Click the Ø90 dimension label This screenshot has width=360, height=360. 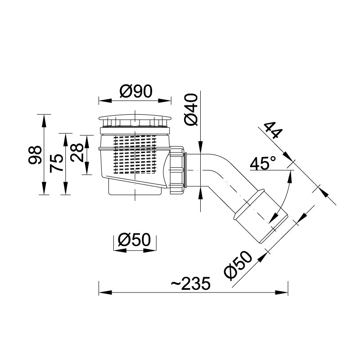pyautogui.click(x=135, y=91)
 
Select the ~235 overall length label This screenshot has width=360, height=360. pyautogui.click(x=190, y=283)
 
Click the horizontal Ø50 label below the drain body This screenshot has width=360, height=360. pyautogui.click(x=134, y=239)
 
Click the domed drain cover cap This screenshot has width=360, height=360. pyautogui.click(x=135, y=121)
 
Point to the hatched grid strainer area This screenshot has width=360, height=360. pyautogui.click(x=135, y=153)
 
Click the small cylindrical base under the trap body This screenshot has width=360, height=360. pyautogui.click(x=135, y=188)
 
